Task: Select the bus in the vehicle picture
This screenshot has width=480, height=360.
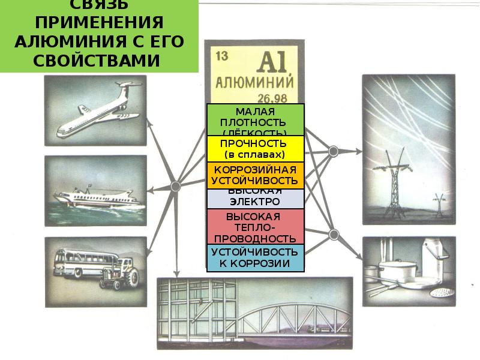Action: [x=81, y=264]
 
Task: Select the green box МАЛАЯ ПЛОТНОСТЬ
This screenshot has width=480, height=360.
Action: [x=256, y=119]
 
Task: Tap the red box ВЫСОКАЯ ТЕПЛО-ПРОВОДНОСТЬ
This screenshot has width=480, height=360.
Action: [x=256, y=227]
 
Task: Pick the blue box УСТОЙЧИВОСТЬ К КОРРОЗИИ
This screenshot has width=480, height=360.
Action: [x=256, y=257]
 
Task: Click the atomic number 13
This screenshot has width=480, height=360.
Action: [x=221, y=57]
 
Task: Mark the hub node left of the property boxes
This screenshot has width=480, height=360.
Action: [x=176, y=185]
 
